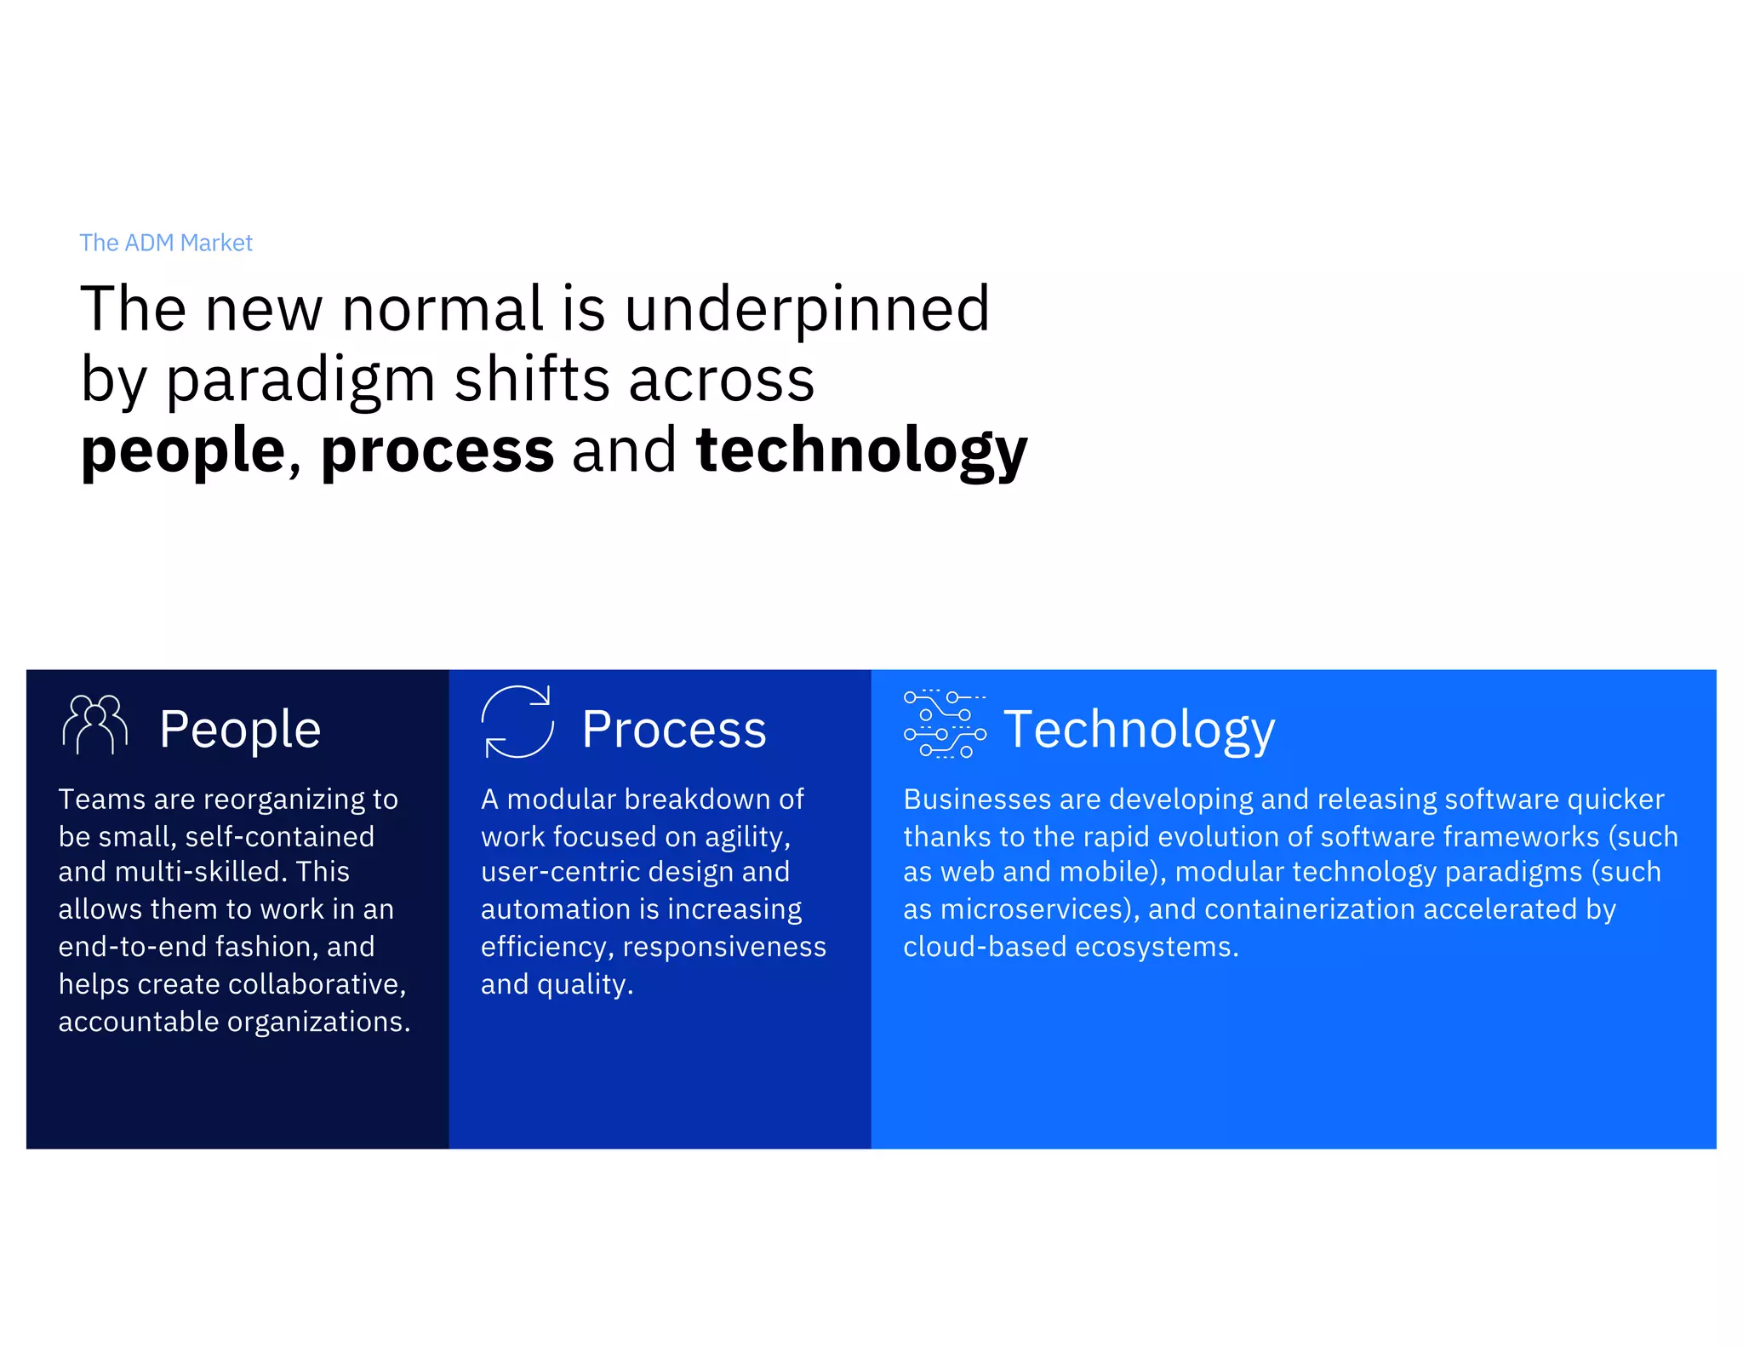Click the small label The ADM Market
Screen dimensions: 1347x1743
click(166, 243)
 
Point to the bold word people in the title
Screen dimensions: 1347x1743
click(183, 451)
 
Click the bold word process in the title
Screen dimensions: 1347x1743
click(437, 451)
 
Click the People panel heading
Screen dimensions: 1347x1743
click(240, 730)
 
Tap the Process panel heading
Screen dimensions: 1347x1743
click(673, 730)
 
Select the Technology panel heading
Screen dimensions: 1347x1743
click(1139, 730)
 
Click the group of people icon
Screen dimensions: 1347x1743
click(94, 725)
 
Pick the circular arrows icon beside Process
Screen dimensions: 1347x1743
click(517, 722)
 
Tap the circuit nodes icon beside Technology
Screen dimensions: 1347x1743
click(945, 724)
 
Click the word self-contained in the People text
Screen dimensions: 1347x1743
click(279, 837)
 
